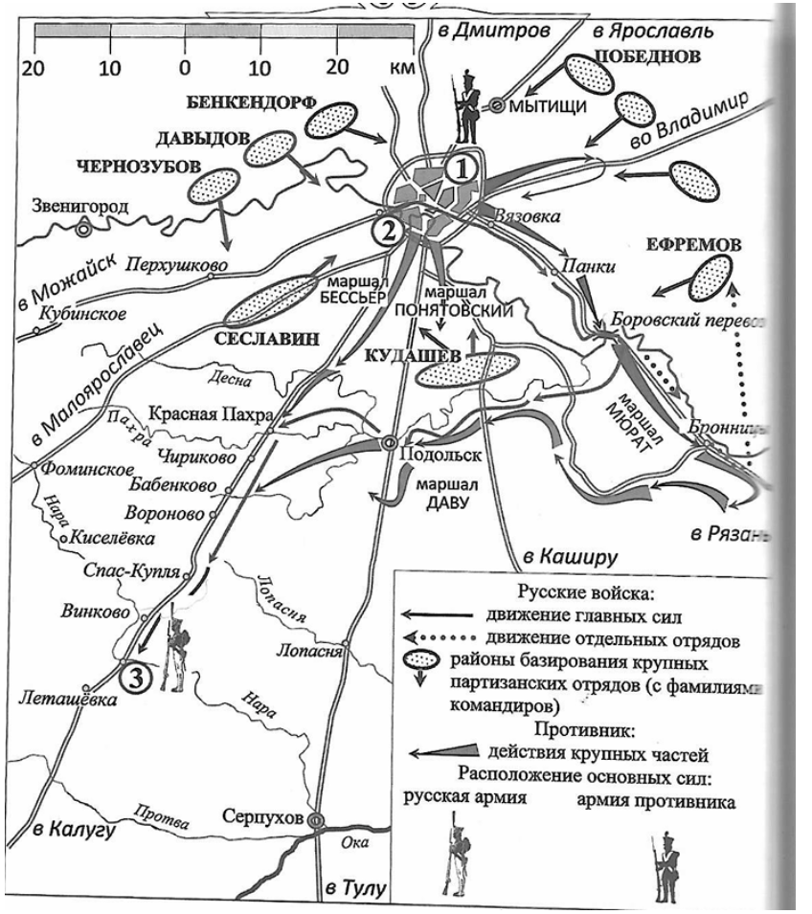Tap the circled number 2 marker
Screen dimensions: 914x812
pyautogui.click(x=387, y=230)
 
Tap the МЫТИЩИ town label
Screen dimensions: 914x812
pyautogui.click(x=547, y=106)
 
